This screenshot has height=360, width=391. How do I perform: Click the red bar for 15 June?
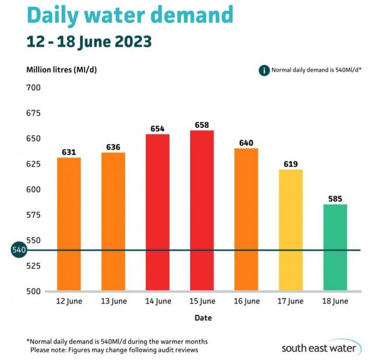(x=202, y=210)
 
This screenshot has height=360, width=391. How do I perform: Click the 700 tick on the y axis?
(x=33, y=88)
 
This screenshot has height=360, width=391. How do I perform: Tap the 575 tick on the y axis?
(x=33, y=215)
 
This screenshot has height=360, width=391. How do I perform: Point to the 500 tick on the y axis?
(x=33, y=291)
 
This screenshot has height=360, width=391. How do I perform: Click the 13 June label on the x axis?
(x=113, y=302)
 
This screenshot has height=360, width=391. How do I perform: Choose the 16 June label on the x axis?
(x=246, y=302)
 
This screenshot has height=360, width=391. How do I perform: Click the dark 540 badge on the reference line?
(x=19, y=250)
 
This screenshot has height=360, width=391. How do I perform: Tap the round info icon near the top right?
(x=264, y=70)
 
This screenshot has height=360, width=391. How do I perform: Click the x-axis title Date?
(x=203, y=318)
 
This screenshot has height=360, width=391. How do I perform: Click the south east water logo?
(x=321, y=348)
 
